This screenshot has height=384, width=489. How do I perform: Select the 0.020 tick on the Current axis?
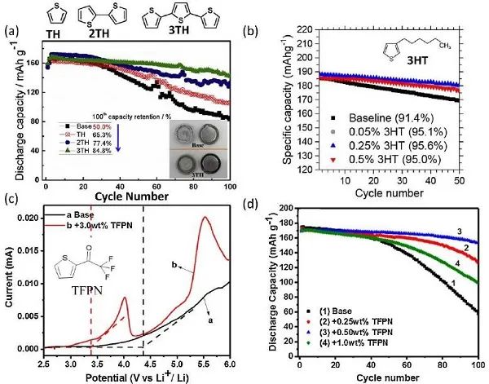click(28, 218)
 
